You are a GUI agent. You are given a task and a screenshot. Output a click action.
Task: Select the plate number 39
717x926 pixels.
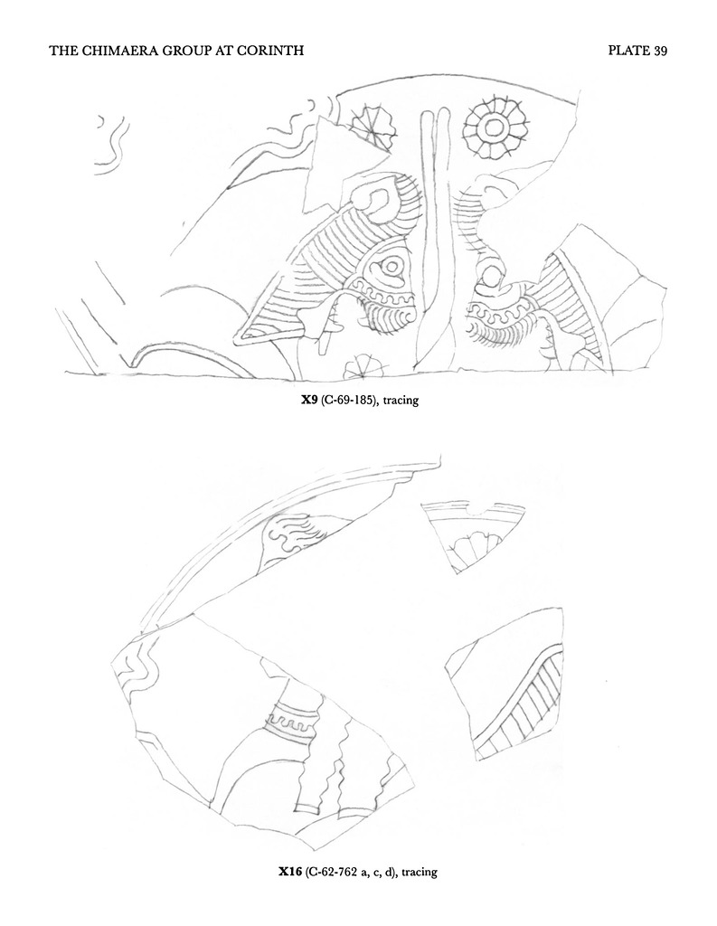point(660,51)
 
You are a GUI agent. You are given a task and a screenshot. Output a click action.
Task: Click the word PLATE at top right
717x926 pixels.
point(629,51)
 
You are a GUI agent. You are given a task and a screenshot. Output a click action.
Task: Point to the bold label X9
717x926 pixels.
point(309,400)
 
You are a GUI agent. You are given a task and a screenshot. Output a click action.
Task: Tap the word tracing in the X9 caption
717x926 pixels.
point(401,401)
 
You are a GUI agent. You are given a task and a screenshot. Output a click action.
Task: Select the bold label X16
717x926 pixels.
point(290,871)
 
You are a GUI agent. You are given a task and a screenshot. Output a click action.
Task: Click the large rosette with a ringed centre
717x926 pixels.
point(495,127)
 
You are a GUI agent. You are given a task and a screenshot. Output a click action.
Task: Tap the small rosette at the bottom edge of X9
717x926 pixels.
point(362,367)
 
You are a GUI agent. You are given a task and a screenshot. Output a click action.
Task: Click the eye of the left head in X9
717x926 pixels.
point(391,268)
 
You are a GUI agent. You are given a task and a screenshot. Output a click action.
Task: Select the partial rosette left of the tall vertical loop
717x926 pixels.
point(370,127)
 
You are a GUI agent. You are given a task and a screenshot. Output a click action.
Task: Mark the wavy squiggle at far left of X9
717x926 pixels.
point(111,145)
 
